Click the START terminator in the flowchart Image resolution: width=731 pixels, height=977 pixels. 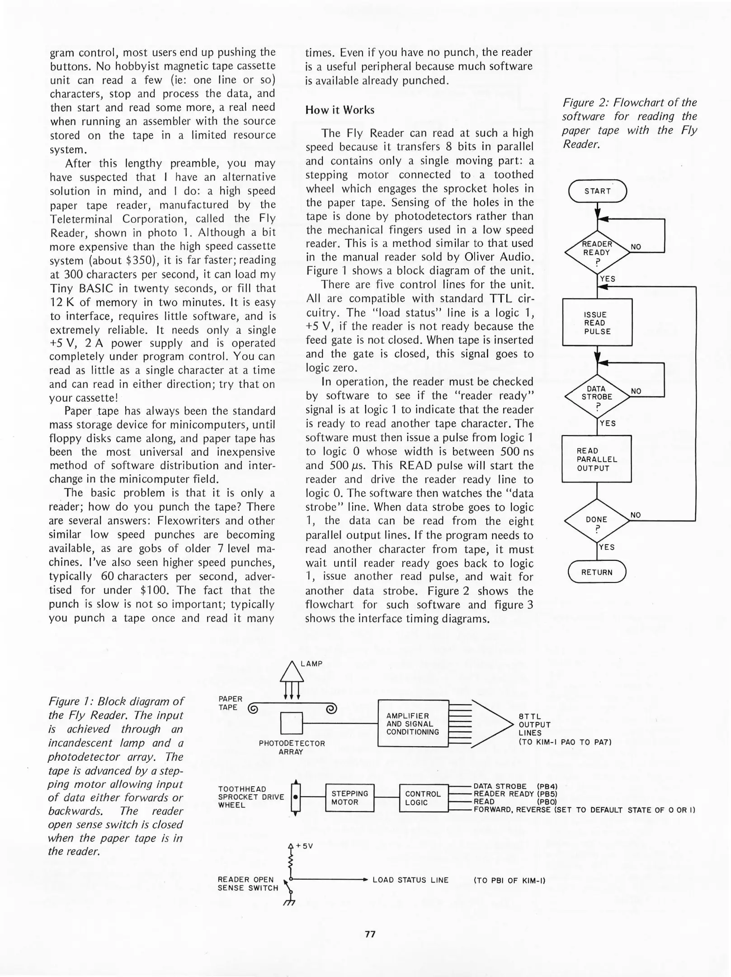597,191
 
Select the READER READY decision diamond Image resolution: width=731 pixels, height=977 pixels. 597,252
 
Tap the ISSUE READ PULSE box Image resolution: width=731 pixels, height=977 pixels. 597,323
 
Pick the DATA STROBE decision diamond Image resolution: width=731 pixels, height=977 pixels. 597,397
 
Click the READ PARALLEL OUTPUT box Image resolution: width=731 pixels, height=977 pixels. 596,459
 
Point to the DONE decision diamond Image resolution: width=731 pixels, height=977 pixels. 597,521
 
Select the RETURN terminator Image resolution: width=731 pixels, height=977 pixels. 597,572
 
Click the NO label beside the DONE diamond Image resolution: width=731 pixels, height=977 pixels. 636,515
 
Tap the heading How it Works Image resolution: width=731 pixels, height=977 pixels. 340,110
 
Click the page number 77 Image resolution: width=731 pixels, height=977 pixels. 370,934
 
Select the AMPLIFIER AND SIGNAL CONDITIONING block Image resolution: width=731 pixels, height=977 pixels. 413,724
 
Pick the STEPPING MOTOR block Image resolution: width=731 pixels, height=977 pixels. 349,798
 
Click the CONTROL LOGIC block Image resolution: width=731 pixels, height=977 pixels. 423,798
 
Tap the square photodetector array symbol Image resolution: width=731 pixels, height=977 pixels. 291,723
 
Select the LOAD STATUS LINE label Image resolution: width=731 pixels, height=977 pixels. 410,880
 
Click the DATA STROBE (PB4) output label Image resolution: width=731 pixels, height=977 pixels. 515,786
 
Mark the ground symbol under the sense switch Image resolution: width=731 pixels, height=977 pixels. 289,903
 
